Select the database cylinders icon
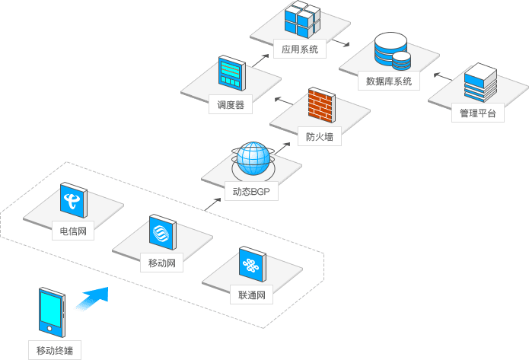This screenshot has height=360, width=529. pyautogui.click(x=392, y=52)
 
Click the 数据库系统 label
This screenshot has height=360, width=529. pyautogui.click(x=389, y=81)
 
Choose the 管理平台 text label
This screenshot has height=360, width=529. pyautogui.click(x=477, y=114)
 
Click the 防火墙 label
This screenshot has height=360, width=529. pyautogui.click(x=320, y=138)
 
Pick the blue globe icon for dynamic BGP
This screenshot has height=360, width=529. pyautogui.click(x=252, y=159)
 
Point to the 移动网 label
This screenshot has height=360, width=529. pyautogui.click(x=162, y=264)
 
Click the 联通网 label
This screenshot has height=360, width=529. pyautogui.click(x=250, y=295)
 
